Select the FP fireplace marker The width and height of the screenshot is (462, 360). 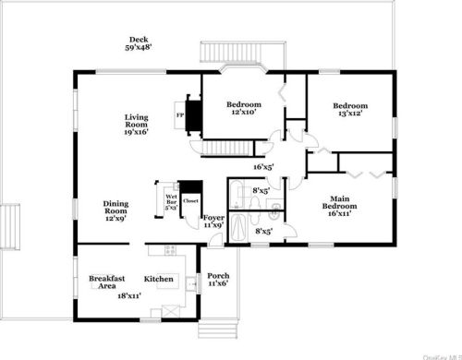pos(179,114)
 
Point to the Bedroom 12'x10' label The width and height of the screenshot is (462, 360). pos(244,109)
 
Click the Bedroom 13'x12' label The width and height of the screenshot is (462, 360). pos(350,111)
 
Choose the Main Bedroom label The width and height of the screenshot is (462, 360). pos(339,205)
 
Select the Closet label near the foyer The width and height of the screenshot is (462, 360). pos(190,200)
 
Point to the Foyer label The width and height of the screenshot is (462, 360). pos(213,221)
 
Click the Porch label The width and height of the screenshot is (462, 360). pos(218,281)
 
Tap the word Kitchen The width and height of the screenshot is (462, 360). pos(158,279)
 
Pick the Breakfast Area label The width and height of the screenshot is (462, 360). pos(106,282)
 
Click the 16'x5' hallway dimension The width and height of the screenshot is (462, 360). pos(263,167)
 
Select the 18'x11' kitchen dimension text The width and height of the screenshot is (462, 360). pos(128,295)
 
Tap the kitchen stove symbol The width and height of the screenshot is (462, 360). pos(169,250)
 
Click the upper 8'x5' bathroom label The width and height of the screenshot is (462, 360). pos(261,191)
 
